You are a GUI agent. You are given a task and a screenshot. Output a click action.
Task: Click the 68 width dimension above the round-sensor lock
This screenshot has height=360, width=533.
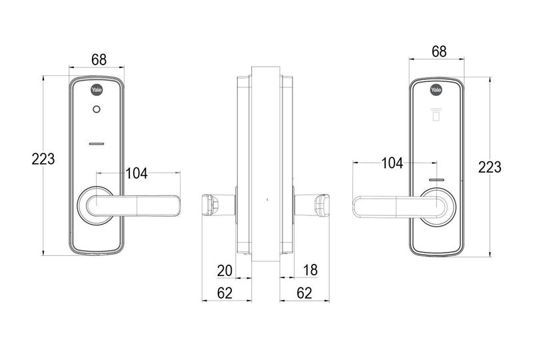click(x=99, y=60)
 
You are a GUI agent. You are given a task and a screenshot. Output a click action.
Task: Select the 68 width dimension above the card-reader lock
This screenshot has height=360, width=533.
click(x=438, y=51)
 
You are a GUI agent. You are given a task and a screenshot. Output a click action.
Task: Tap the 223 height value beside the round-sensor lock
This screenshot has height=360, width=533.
click(x=43, y=159)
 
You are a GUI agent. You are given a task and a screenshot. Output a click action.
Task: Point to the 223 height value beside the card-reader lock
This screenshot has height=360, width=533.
click(x=489, y=167)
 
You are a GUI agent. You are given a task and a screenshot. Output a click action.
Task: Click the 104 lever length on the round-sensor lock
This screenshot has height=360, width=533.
click(x=137, y=175)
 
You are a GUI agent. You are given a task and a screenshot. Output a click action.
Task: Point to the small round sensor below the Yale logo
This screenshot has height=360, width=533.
click(x=97, y=111)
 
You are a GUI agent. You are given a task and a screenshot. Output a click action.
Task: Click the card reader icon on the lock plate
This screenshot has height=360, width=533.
click(x=436, y=117)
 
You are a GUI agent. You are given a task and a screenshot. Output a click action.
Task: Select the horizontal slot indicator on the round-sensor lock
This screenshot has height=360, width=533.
click(x=97, y=143)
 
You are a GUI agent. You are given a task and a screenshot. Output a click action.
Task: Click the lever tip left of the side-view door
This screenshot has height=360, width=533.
click(x=210, y=204)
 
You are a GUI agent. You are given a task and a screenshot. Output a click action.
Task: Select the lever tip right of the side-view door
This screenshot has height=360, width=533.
click(x=322, y=203)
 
